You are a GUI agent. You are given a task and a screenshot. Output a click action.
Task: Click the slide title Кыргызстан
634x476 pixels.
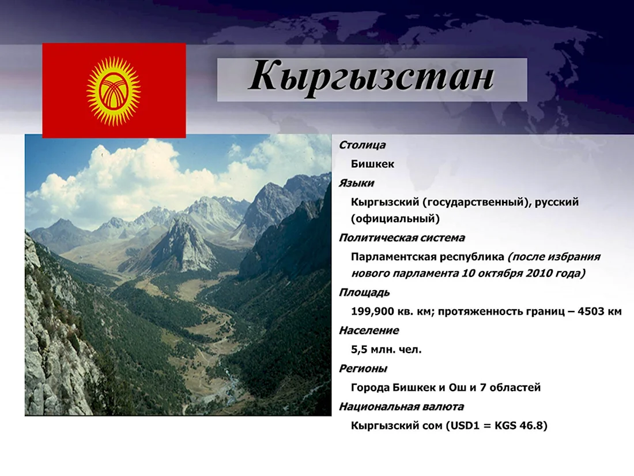(371, 77)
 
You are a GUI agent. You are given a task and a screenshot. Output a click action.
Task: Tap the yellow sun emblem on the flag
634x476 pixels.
(114, 91)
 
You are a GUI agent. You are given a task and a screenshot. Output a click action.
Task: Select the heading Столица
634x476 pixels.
(362, 145)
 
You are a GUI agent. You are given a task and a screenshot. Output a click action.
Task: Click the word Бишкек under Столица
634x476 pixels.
(372, 164)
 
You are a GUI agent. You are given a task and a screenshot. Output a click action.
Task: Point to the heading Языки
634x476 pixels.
(356, 183)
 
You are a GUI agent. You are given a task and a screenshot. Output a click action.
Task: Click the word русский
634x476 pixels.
(557, 202)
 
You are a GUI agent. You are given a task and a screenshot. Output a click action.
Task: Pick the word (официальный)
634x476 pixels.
(395, 219)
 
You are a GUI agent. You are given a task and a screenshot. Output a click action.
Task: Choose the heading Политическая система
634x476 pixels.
(402, 238)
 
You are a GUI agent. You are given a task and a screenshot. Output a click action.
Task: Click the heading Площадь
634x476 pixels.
(364, 293)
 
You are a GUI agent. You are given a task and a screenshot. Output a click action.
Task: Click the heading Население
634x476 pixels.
(369, 330)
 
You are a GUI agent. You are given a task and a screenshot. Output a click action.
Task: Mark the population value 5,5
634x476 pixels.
(359, 349)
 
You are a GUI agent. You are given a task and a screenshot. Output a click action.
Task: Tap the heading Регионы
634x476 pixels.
(363, 368)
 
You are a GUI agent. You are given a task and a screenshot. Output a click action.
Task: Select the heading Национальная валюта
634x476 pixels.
(401, 406)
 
